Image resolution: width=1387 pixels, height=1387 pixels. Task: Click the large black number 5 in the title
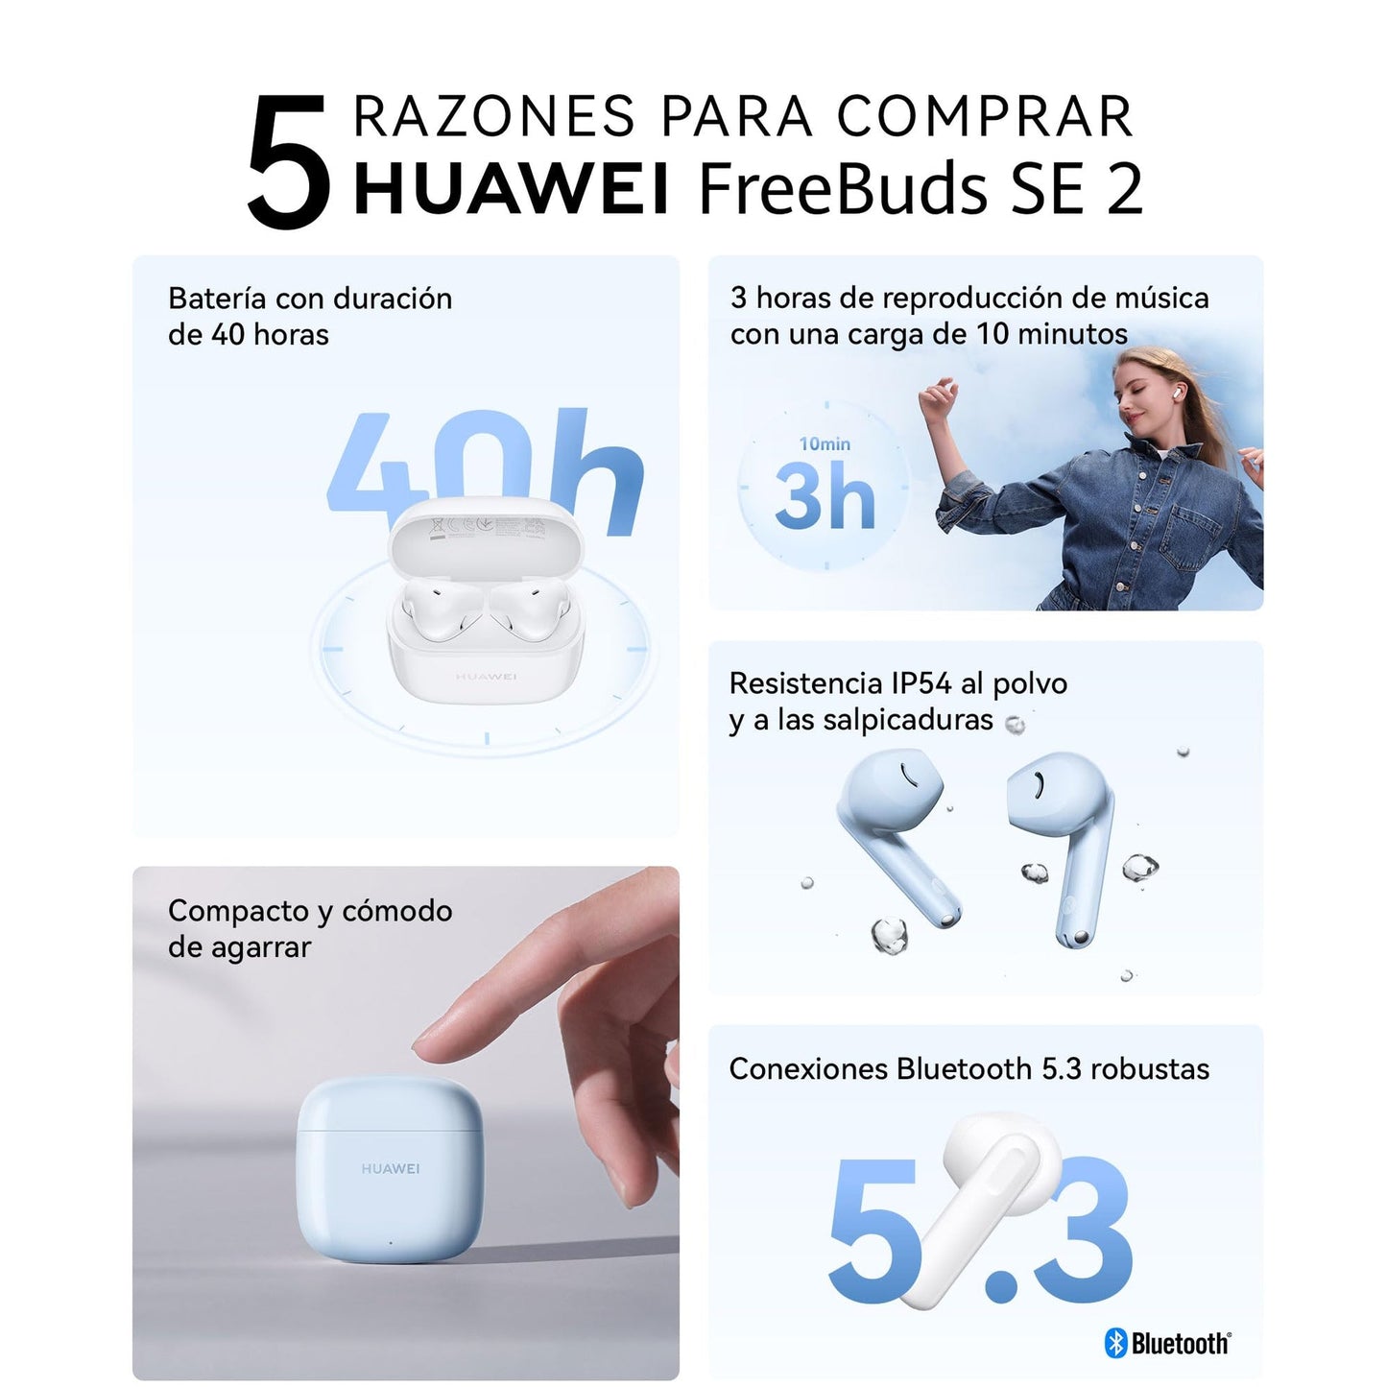289,161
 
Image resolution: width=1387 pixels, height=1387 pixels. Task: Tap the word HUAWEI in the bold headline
512,188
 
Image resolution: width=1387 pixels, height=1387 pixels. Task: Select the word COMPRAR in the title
985,116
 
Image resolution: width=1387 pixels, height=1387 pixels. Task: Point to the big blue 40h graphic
486,471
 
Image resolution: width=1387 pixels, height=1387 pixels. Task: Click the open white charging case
486,597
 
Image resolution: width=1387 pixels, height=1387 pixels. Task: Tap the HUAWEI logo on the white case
486,676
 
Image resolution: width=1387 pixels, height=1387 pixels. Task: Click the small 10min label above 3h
825,443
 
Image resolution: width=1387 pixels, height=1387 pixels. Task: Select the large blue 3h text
825,496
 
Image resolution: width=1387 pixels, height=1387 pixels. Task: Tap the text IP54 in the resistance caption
921,683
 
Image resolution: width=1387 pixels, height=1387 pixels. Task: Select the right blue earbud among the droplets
1062,848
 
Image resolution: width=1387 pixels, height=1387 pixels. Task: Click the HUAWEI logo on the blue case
390,1168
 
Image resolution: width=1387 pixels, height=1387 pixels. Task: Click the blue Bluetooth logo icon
1115,1343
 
